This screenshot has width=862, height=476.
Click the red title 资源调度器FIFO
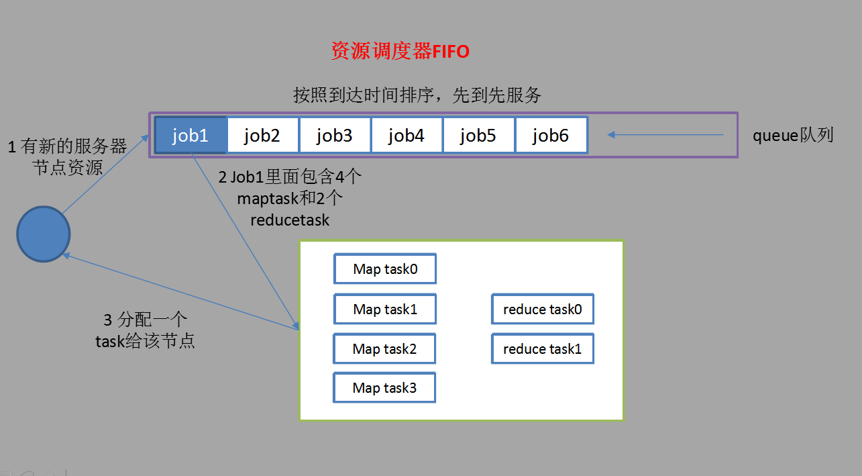pos(400,52)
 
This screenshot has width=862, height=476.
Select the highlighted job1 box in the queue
pos(191,136)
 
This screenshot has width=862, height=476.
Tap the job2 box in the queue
pos(262,136)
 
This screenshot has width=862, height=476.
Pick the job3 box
pos(334,136)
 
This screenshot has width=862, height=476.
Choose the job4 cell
pos(406,136)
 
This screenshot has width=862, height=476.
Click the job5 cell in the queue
pos(478,136)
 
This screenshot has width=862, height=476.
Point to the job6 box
pos(550,136)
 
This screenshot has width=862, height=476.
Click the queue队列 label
pos(793,135)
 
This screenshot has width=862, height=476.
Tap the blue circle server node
pos(44,234)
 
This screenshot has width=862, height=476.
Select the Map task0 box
pos(385,269)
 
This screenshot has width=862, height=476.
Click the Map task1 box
pos(385,310)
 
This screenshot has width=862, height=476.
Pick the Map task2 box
pos(384,349)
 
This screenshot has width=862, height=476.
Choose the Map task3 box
pos(384,388)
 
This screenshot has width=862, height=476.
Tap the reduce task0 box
pos(542,310)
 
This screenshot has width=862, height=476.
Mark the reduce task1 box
pos(542,349)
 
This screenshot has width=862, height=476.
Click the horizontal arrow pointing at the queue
pos(665,135)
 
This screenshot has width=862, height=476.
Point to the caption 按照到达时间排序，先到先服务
pos(417,95)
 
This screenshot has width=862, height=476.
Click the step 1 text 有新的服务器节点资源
pos(67,157)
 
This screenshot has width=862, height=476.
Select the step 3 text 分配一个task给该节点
pos(145,330)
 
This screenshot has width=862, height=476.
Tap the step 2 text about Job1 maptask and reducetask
pos(290,198)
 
